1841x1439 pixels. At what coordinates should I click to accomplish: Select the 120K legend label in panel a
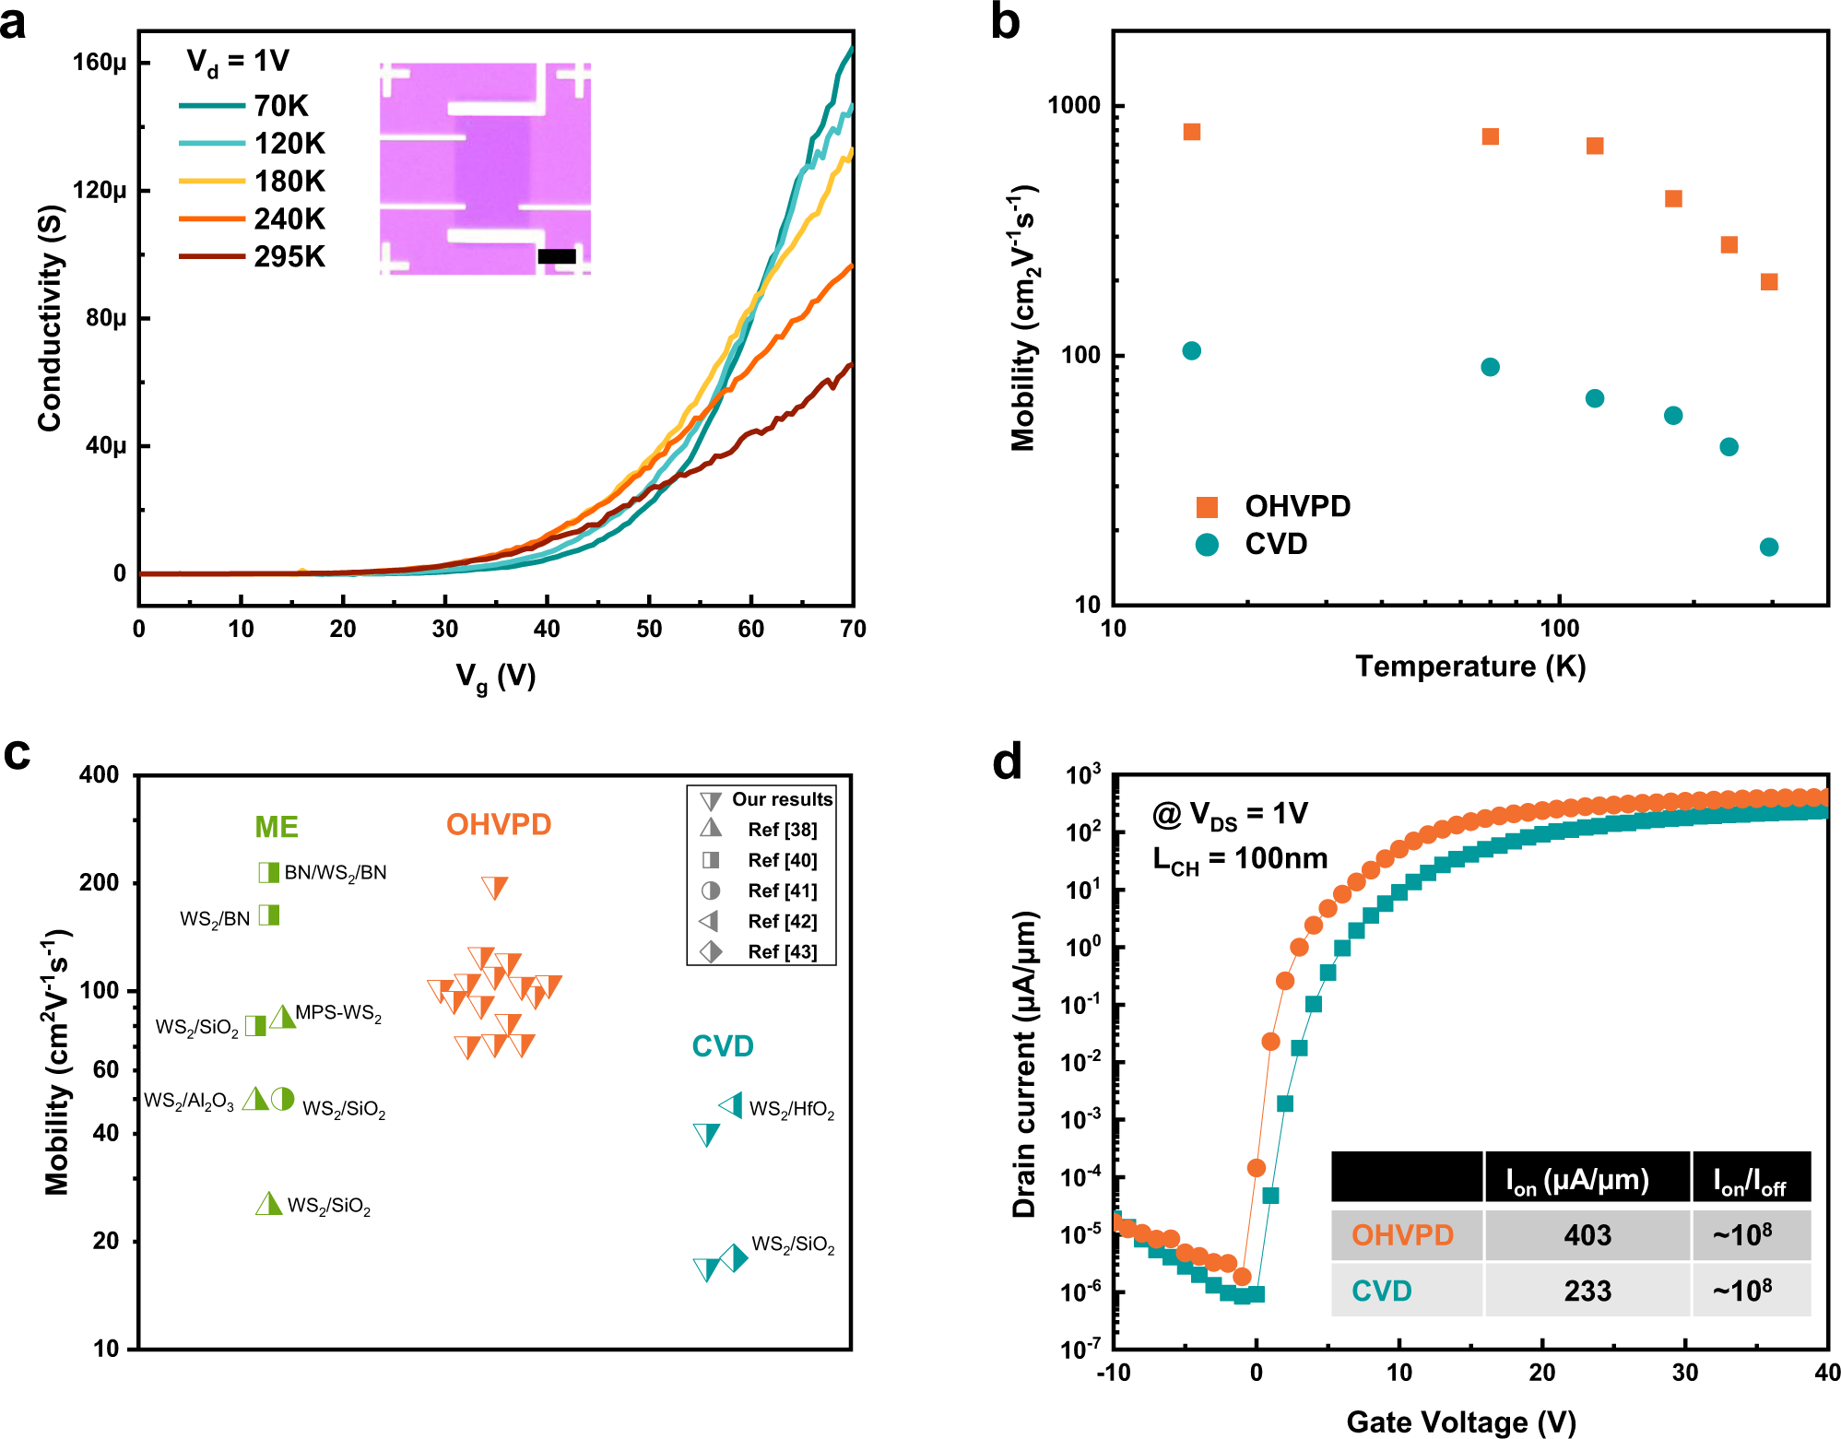click(289, 144)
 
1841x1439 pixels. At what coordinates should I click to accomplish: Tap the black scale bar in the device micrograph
click(557, 256)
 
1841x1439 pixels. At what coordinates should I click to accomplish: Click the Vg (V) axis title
click(495, 678)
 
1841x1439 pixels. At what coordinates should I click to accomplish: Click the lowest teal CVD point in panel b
click(1768, 547)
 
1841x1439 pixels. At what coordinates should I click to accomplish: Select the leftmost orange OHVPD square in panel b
click(1191, 132)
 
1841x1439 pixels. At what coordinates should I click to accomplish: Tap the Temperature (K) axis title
click(1469, 666)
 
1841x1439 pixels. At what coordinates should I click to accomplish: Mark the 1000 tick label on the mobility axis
click(1074, 105)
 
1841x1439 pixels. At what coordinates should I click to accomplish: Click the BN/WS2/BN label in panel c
click(335, 873)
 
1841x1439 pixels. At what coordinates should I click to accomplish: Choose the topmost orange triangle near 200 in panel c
click(495, 888)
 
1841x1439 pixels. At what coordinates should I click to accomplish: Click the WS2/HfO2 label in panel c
click(792, 1109)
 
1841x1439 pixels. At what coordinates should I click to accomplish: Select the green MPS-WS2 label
click(337, 1013)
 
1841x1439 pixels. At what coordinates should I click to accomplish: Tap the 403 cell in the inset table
click(1587, 1235)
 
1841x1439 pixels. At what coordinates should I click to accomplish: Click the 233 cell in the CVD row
click(1587, 1291)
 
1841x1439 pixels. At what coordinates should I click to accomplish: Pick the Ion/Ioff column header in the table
click(1749, 1179)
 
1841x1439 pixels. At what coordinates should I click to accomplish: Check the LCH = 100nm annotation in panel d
click(1240, 859)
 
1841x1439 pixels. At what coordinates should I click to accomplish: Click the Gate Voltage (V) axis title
click(1460, 1421)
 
